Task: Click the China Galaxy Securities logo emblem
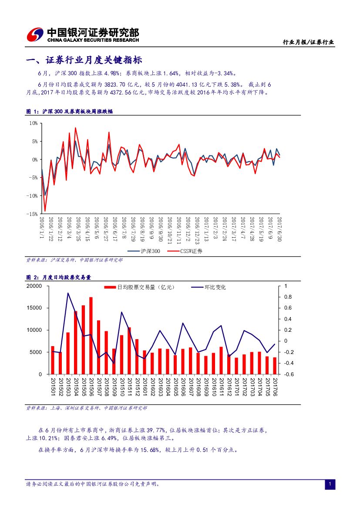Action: coord(35,34)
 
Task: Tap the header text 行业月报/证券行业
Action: coord(308,42)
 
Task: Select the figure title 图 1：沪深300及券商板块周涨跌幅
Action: coord(69,112)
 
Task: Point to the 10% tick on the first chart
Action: coord(33,123)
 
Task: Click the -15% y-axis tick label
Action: coord(32,214)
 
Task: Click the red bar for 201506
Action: coord(91,335)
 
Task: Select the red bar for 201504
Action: coord(76,342)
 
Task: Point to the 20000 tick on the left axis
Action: coord(34,286)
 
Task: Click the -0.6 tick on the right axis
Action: coord(289,374)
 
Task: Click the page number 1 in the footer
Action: coord(330,484)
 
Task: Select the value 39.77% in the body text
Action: coord(155,430)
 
